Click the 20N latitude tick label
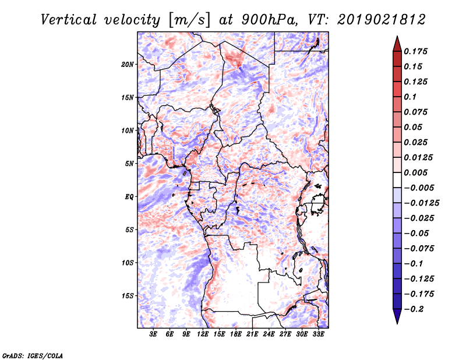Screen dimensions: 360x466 click(x=128, y=64)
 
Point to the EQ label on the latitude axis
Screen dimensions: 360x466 click(x=129, y=197)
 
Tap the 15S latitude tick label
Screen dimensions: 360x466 click(x=128, y=296)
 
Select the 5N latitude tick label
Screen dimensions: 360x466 click(x=129, y=164)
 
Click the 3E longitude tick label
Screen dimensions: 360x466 click(x=154, y=334)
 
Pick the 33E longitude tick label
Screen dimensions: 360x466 click(x=319, y=334)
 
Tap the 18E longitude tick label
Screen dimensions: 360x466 click(x=236, y=334)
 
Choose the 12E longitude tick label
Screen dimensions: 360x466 click(x=203, y=334)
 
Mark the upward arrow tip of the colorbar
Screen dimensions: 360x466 click(x=397, y=38)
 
